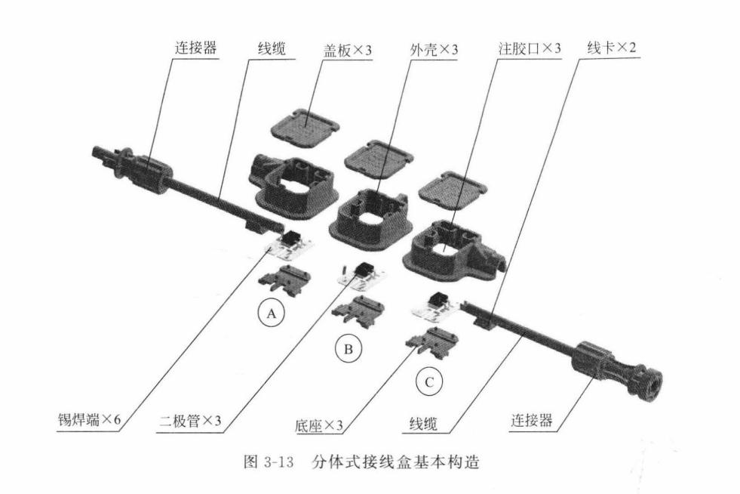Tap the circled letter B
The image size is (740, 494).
348,349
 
